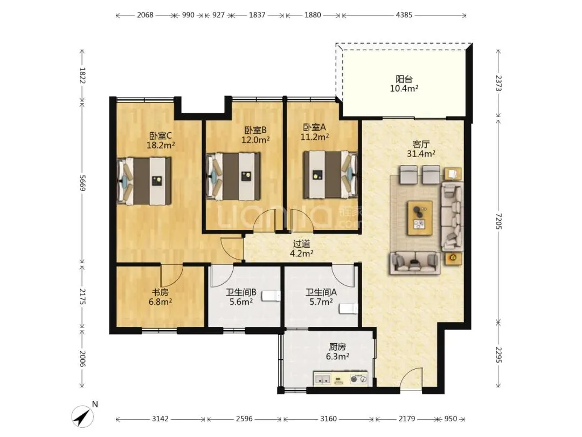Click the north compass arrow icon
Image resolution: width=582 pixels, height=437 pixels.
(x=83, y=416)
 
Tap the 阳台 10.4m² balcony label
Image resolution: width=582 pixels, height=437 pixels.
(x=404, y=84)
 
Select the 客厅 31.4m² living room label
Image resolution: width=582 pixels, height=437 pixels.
(x=421, y=149)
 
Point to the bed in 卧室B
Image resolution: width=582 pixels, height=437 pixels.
(x=233, y=176)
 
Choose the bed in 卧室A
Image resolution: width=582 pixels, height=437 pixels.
(x=330, y=174)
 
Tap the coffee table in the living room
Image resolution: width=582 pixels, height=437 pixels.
(x=420, y=218)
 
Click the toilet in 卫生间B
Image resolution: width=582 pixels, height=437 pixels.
(x=271, y=296)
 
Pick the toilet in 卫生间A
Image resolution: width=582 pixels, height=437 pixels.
(x=349, y=309)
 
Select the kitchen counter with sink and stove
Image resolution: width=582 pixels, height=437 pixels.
(x=341, y=379)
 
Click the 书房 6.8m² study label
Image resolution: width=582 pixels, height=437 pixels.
(x=161, y=297)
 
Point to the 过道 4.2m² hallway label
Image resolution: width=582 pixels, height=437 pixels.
(x=301, y=249)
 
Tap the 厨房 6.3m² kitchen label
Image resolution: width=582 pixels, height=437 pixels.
(x=337, y=352)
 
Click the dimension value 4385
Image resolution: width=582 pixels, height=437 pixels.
(x=404, y=15)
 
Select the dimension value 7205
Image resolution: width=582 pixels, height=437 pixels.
(x=498, y=222)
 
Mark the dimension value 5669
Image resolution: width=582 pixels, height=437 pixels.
(x=82, y=183)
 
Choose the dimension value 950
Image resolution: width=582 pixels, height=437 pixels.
(x=451, y=419)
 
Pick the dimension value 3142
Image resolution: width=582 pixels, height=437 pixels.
(x=161, y=419)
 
